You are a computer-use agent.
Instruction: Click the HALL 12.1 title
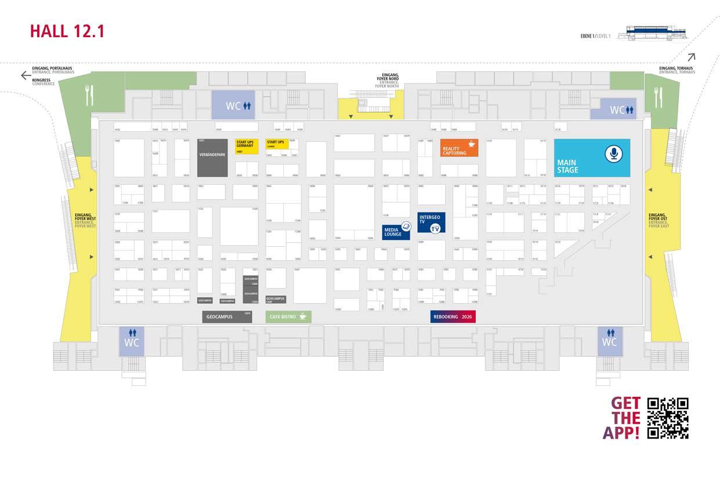pyautogui.click(x=67, y=31)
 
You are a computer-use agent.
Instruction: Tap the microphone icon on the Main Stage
pyautogui.click(x=613, y=154)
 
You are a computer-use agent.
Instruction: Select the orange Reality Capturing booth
pyautogui.click(x=459, y=148)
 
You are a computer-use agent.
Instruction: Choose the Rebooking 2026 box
pyautogui.click(x=453, y=316)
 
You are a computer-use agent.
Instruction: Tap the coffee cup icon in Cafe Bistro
pyautogui.click(x=302, y=317)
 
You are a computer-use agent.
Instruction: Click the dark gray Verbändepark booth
pyautogui.click(x=212, y=158)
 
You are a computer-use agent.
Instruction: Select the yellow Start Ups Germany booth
pyautogui.click(x=247, y=146)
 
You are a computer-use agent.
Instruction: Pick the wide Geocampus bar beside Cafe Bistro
pyautogui.click(x=227, y=317)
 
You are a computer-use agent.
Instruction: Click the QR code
pyautogui.click(x=668, y=418)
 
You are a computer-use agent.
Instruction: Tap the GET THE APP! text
pyautogui.click(x=625, y=418)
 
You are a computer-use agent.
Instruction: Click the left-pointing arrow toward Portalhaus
pyautogui.click(x=26, y=75)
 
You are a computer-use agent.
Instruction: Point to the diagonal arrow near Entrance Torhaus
pyautogui.click(x=691, y=57)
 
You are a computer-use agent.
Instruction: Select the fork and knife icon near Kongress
pyautogui.click(x=89, y=96)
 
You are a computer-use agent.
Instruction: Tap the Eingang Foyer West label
pyautogui.click(x=85, y=220)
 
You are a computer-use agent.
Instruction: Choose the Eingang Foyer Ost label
pyautogui.click(x=659, y=220)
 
